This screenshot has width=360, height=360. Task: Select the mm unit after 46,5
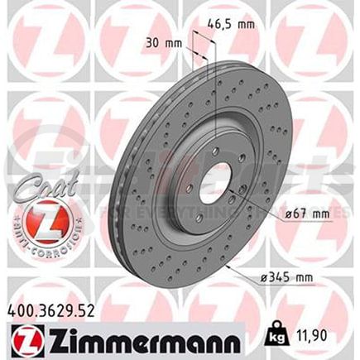(x=244, y=25)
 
